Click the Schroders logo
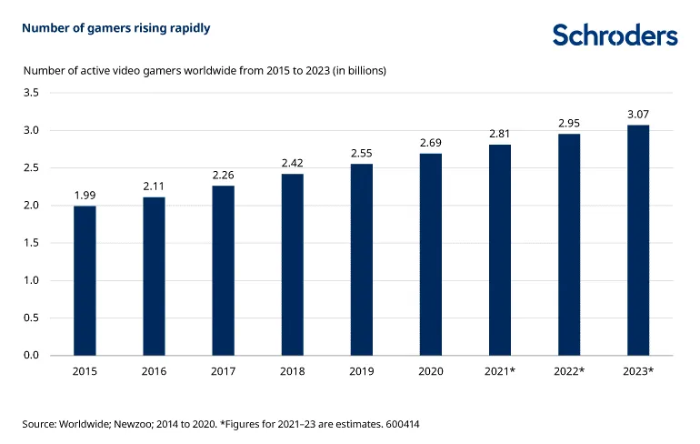click(x=615, y=35)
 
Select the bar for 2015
click(x=85, y=280)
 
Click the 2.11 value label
click(x=154, y=186)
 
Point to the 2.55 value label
click(x=361, y=153)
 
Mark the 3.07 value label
click(x=638, y=114)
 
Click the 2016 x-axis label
click(x=154, y=371)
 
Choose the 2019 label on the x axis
click(x=361, y=371)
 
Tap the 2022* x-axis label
click(x=569, y=371)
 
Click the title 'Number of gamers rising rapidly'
click(x=116, y=28)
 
